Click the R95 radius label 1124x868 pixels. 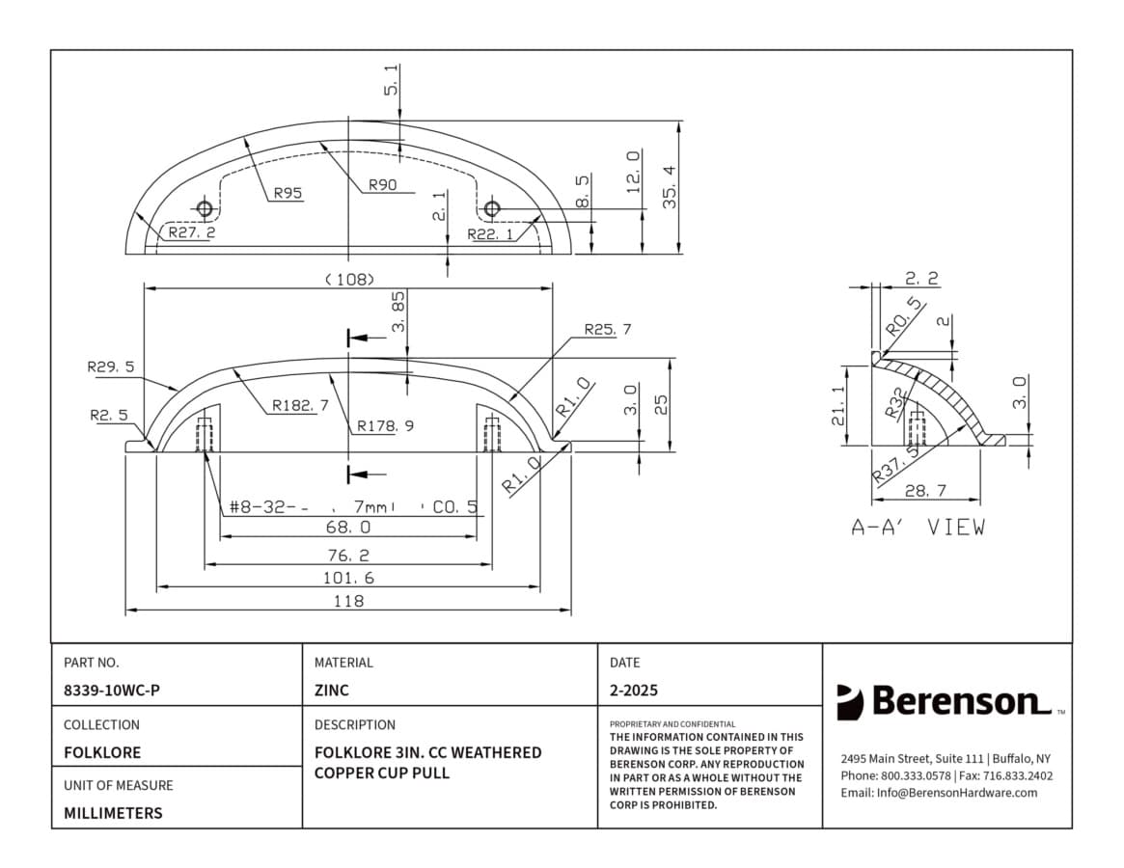tap(288, 193)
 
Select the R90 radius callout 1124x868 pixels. tap(383, 185)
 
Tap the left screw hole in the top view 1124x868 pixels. tap(205, 208)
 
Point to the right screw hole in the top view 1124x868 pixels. tap(491, 208)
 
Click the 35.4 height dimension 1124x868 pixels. tap(671, 187)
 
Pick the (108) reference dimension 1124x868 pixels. tap(350, 279)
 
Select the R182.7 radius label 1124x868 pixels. tap(300, 406)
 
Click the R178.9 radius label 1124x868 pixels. tap(386, 425)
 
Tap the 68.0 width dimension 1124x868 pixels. tap(348, 527)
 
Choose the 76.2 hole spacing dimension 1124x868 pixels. tap(348, 556)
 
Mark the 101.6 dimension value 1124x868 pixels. tap(348, 578)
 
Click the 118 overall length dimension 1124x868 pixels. tap(348, 601)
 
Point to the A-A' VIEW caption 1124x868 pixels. tap(918, 528)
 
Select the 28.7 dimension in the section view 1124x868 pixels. tap(925, 491)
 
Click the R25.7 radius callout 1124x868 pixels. tap(608, 330)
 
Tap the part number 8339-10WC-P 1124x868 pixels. tap(112, 691)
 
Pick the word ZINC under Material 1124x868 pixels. tap(332, 691)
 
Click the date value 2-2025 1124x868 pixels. tap(634, 691)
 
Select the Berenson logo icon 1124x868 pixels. tap(849, 702)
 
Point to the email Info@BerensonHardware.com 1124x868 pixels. tap(939, 793)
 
